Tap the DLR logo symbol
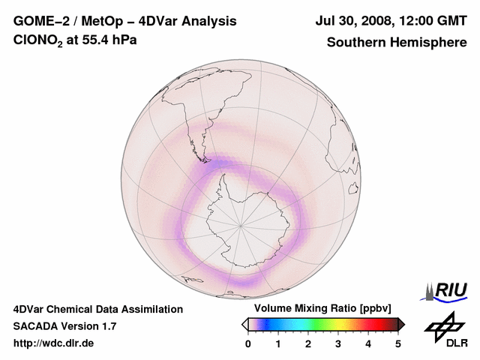pos(443,325)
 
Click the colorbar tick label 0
pos(248,343)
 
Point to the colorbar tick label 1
pos(278,343)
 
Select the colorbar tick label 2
pos(308,343)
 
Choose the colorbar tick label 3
pos(338,343)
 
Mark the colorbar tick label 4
pos(368,343)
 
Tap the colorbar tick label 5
pos(398,343)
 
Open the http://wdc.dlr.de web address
pos(54,343)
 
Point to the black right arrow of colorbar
pos(401,323)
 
